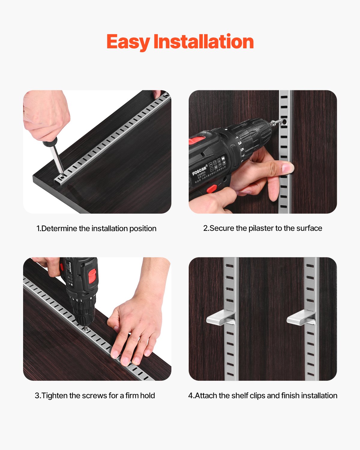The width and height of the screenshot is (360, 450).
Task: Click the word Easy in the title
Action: pyautogui.click(x=128, y=42)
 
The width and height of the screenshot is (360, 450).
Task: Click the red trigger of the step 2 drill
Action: pyautogui.click(x=211, y=189)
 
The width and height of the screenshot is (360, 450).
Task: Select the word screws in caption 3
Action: pyautogui.click(x=92, y=396)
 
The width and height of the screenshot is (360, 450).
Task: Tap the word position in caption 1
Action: pyautogui.click(x=143, y=229)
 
